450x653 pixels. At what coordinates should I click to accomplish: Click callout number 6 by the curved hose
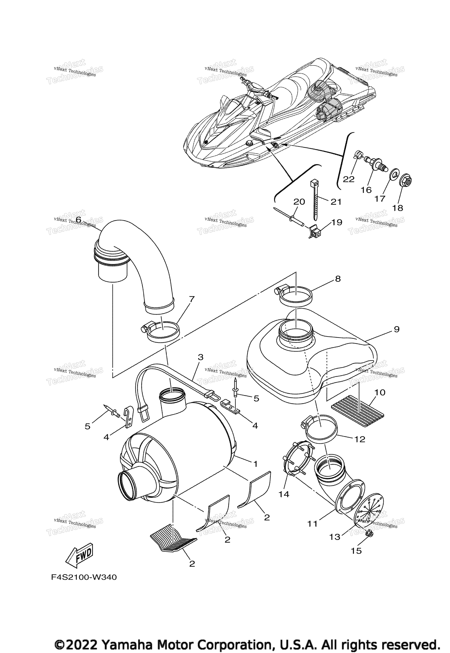(78, 219)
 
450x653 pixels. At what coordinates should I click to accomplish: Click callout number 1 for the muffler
(255, 464)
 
